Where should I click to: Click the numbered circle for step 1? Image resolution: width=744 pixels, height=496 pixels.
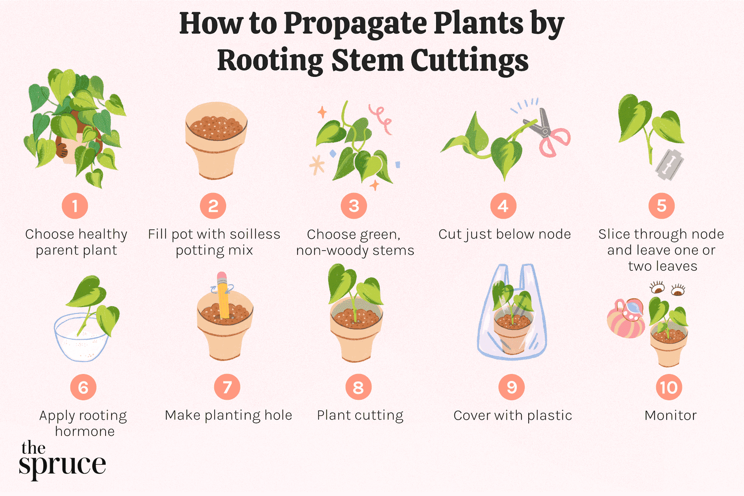coord(75,206)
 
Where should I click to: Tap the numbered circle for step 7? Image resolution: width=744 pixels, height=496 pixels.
coord(227,387)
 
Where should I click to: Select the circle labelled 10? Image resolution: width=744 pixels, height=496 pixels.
coord(669,387)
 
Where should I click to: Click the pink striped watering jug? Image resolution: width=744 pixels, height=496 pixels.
coord(626,320)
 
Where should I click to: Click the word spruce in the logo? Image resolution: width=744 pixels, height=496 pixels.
coord(62,465)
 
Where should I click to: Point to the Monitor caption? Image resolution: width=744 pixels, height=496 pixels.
coord(670,415)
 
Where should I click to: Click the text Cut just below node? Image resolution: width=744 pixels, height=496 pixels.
coord(504,234)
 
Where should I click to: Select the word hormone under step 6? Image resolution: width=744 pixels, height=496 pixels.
coord(85,432)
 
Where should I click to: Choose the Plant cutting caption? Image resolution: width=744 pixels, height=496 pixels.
coord(360,415)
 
